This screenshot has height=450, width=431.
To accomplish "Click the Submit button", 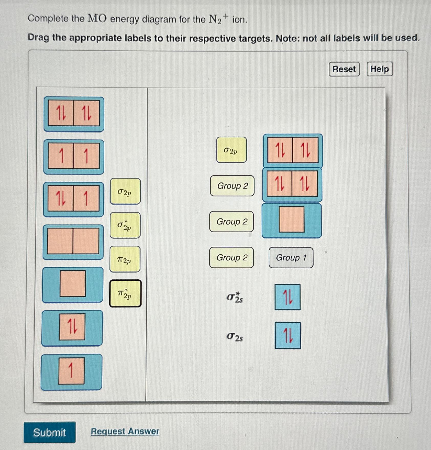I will pos(50,432).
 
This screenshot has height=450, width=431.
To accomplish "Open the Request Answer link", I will pos(125,431).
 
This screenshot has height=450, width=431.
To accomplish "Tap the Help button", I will pos(379,69).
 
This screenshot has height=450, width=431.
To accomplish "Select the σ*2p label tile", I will pos(125,225).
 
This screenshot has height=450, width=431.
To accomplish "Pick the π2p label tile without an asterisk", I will pos(125,259).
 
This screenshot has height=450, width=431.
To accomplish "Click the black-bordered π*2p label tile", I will pos(125,293).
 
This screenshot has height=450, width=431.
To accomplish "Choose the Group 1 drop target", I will pos(291,258).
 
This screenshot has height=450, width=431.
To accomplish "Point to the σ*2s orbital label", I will pos(235,297).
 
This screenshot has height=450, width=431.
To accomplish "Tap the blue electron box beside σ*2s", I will pos(288,297).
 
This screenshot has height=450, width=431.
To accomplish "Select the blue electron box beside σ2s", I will pos(288,336).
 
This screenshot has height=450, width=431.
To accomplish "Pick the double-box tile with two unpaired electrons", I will pos(74,157).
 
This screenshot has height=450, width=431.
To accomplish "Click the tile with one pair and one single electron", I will pos(73,199).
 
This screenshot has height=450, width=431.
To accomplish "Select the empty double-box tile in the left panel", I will pos(73,242).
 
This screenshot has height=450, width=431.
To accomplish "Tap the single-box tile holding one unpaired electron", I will pos(71,371).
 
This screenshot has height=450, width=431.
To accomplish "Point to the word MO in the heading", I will pos(97,19).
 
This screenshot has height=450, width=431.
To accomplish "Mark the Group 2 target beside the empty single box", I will pos(231,222).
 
